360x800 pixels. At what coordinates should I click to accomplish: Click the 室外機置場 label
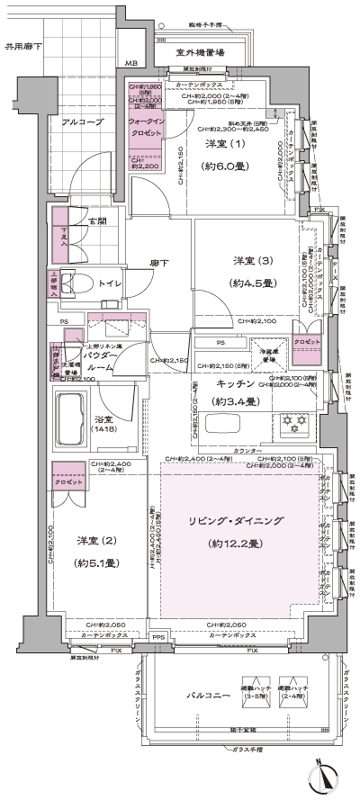click(200, 52)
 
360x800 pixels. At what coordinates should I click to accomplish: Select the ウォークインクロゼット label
click(145, 126)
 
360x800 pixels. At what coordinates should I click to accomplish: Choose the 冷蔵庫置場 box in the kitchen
click(265, 355)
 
